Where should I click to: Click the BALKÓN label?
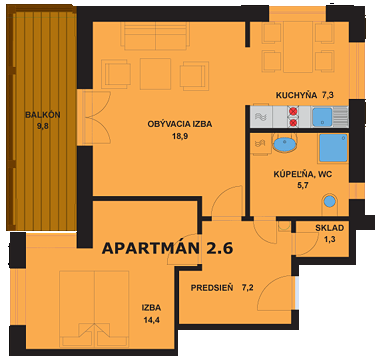coord(42,114)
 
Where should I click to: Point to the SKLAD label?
coord(329,228)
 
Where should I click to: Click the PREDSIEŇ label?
coord(212,287)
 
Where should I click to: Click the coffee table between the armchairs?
coord(155,72)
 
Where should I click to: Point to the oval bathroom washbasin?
coord(284,146)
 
